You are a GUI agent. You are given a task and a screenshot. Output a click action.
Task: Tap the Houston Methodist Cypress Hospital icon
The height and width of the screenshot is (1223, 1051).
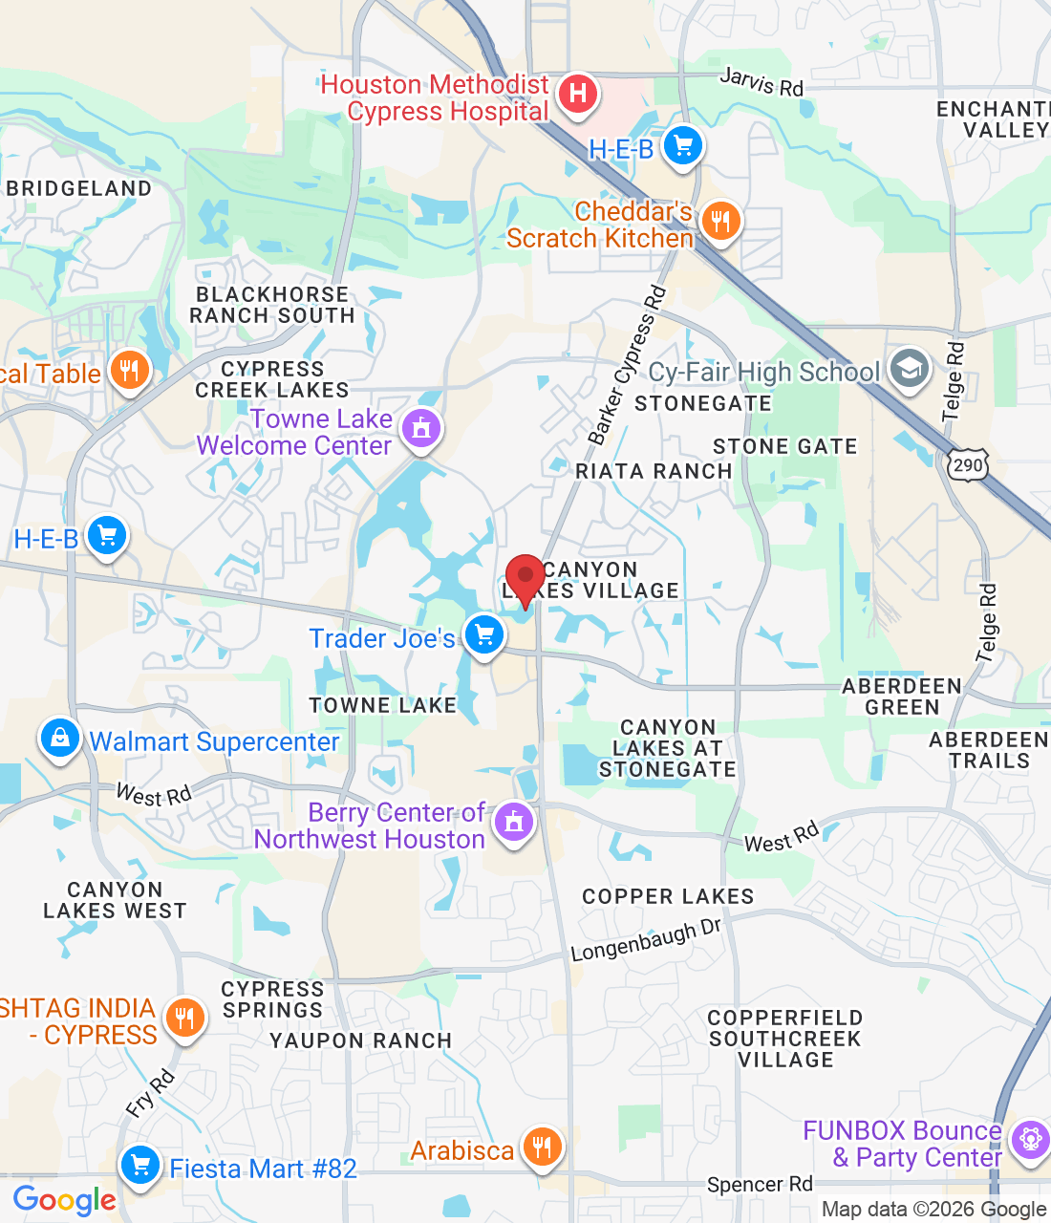(577, 95)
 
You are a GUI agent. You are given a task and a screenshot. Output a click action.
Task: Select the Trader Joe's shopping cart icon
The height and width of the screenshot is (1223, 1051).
(483, 634)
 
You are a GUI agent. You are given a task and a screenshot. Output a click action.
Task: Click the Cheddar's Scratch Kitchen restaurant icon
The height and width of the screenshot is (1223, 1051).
(719, 222)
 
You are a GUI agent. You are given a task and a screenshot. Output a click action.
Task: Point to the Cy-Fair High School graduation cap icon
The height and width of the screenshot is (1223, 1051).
(909, 369)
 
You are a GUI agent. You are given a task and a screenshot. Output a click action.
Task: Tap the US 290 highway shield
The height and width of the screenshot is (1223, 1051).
(967, 465)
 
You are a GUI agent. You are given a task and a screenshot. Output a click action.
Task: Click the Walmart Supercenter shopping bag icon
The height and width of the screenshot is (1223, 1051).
(59, 739)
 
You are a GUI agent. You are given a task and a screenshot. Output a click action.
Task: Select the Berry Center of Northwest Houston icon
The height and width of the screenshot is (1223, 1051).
(514, 822)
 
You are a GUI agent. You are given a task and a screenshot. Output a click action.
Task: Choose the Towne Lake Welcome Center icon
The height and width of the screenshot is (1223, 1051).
(421, 428)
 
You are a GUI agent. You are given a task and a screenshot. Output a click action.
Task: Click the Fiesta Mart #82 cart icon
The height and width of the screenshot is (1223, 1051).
(140, 1166)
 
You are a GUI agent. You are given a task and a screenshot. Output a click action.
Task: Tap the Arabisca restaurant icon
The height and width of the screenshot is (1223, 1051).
(542, 1147)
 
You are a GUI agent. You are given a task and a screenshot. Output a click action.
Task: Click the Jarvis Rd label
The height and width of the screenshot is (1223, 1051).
(761, 82)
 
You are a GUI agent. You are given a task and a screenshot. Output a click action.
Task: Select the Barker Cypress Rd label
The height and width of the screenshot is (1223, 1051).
(627, 367)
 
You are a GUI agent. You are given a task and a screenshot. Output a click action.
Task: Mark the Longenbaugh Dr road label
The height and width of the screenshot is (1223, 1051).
(646, 941)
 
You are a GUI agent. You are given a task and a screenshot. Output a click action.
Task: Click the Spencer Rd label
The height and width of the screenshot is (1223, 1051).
(760, 1185)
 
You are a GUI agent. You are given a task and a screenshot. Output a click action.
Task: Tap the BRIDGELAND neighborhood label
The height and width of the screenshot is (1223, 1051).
(79, 188)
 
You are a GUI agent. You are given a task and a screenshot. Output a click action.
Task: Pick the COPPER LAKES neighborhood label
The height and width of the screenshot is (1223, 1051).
(668, 896)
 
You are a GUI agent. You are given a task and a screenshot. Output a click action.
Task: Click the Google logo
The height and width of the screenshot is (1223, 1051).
(64, 1200)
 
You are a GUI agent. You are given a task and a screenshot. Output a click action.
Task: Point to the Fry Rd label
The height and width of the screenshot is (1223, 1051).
(150, 1093)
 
